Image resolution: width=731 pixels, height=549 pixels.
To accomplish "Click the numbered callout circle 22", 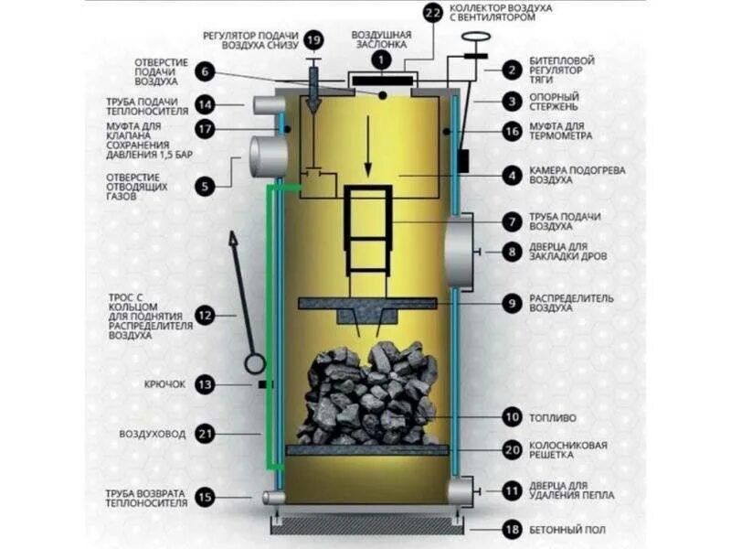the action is point(432,12).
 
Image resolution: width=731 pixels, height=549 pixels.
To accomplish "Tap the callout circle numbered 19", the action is point(313,40).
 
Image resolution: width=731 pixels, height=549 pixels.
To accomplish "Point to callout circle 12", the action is point(205,316).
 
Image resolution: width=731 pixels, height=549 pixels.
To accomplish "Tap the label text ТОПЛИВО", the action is point(553,418).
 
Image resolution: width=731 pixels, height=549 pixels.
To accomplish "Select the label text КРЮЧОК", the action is point(164,384).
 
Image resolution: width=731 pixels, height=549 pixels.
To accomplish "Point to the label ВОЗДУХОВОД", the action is point(152,433).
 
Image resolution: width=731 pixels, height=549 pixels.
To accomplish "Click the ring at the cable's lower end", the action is point(253,363).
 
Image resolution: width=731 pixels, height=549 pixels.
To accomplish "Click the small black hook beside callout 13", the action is point(264,384).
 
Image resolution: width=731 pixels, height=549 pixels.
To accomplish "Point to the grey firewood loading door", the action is point(461,251).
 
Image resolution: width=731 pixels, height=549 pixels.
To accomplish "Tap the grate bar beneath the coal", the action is point(367,449).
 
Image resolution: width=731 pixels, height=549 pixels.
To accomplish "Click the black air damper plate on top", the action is point(381,82).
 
